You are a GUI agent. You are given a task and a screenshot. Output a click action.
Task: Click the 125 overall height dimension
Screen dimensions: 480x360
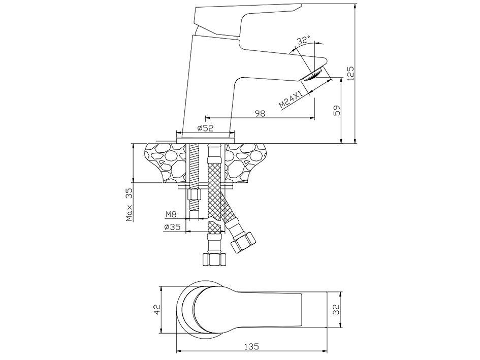(351, 73)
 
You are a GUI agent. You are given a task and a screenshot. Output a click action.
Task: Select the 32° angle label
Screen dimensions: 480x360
(303, 40)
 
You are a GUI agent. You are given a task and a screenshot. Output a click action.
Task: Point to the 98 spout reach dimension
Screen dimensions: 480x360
(260, 113)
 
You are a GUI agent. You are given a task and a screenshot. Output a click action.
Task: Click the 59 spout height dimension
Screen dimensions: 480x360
(337, 111)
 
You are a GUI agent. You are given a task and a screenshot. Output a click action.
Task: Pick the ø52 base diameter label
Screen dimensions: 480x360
(205, 128)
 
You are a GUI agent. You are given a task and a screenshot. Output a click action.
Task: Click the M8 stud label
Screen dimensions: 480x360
(171, 214)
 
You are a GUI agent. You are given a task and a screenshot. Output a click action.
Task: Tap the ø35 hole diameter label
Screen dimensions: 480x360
(172, 227)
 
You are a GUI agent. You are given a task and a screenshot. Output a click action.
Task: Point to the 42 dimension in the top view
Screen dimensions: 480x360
(157, 309)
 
